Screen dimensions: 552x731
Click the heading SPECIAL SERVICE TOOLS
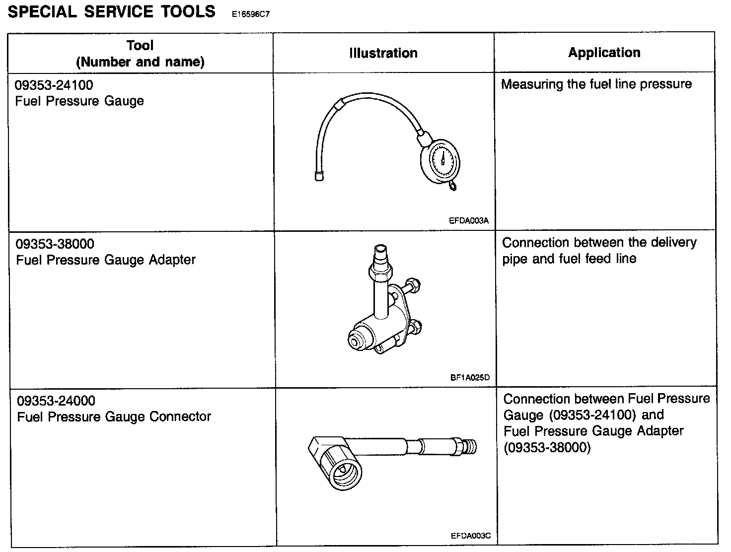pyautogui.click(x=112, y=11)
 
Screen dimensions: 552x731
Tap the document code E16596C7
pyautogui.click(x=250, y=14)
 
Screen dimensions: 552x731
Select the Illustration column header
pyautogui.click(x=383, y=53)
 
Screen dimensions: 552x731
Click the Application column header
pyautogui.click(x=604, y=53)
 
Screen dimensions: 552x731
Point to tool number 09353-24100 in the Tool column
pyautogui.click(x=54, y=85)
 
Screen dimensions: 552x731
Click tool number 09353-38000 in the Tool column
pyautogui.click(x=55, y=244)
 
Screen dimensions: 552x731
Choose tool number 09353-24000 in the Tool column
pyautogui.click(x=56, y=401)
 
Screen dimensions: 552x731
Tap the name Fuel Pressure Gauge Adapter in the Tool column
pyautogui.click(x=106, y=260)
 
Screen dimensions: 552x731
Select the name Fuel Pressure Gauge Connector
pyautogui.click(x=114, y=416)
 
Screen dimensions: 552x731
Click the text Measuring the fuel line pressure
pyautogui.click(x=596, y=84)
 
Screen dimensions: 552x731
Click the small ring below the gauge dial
pyautogui.click(x=453, y=186)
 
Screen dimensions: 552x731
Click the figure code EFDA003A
pyautogui.click(x=468, y=221)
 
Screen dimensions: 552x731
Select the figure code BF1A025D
pyautogui.click(x=470, y=377)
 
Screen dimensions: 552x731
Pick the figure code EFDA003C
pyautogui.click(x=470, y=536)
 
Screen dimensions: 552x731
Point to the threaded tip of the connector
pyautogui.click(x=470, y=446)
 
